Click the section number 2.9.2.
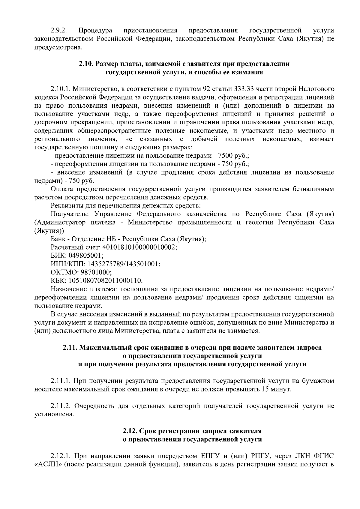tap(59, 30)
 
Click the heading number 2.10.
tap(86, 64)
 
